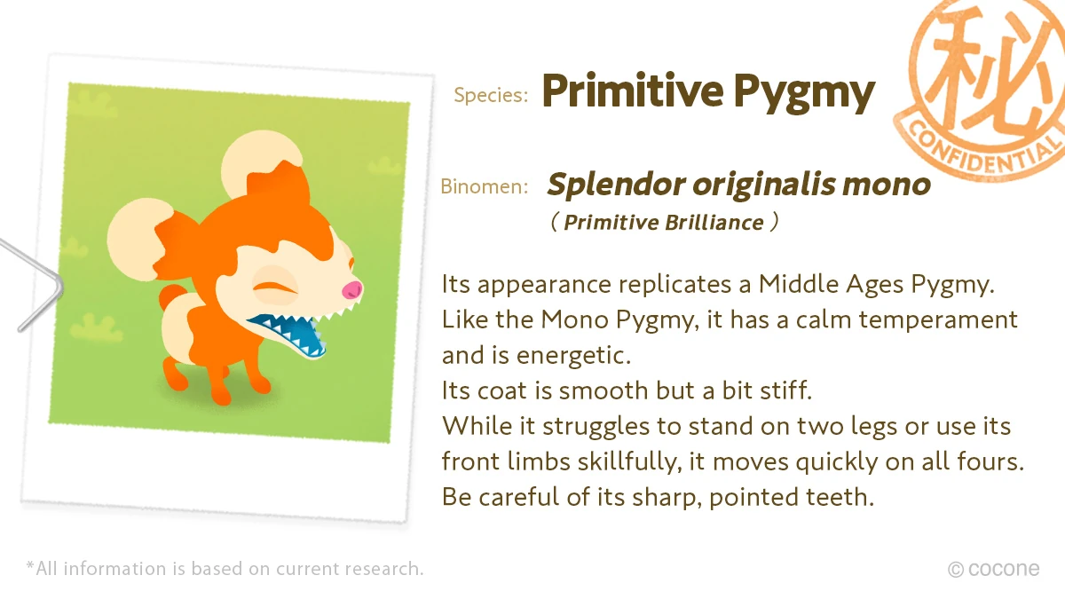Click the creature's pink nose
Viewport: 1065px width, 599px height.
point(352,290)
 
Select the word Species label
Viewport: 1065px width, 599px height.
point(491,96)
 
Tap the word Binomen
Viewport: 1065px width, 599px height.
point(485,186)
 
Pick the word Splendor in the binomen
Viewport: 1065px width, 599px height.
point(615,185)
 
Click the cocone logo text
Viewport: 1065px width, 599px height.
point(1004,569)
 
